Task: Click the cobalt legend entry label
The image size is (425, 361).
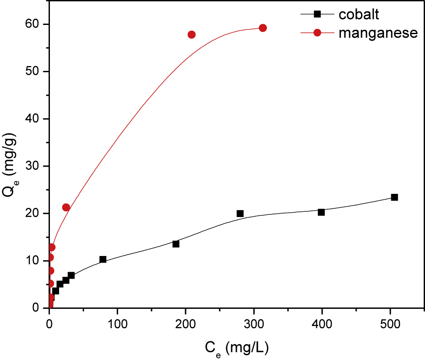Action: tap(359, 14)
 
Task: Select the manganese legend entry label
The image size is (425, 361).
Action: tap(378, 34)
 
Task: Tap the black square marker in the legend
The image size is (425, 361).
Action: tap(318, 14)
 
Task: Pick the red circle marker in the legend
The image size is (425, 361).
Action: tap(318, 34)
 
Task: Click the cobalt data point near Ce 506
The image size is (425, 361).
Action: tap(394, 197)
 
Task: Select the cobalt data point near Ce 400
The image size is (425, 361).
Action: tap(321, 212)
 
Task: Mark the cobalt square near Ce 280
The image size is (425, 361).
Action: tap(240, 214)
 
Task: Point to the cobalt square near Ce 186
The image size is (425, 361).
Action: tap(176, 244)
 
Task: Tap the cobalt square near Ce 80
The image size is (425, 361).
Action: tap(103, 259)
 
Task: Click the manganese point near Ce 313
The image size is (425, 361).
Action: tap(263, 28)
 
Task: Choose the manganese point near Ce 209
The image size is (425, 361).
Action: tap(191, 35)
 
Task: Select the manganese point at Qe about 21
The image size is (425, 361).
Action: tap(66, 207)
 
